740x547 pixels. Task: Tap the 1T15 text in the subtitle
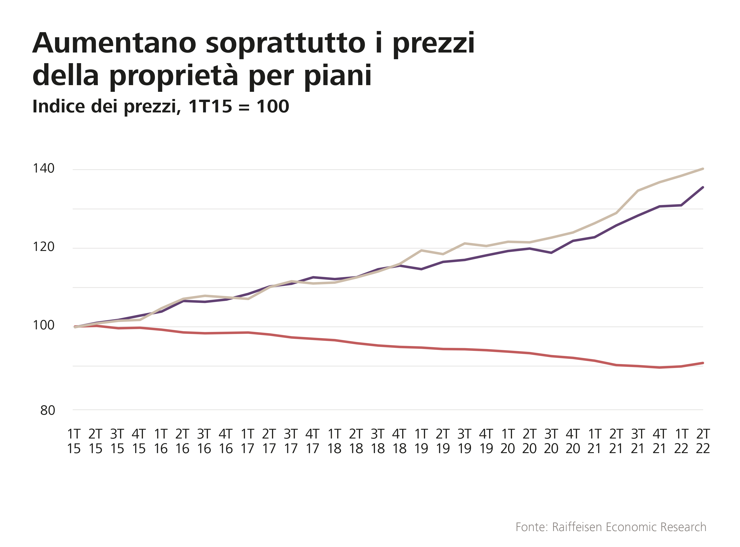click(210, 106)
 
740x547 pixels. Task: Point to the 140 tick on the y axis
click(43, 169)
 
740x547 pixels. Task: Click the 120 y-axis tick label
click(43, 247)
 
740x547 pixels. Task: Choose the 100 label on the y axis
click(43, 325)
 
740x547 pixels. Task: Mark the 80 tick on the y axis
click(47, 411)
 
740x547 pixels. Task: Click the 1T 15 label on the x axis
click(74, 441)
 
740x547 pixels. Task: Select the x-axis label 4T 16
click(226, 441)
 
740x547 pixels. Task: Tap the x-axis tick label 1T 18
click(334, 441)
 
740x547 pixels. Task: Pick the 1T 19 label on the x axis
click(421, 441)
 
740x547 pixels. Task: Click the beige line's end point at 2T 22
click(703, 169)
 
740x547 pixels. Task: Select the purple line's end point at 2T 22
click(703, 187)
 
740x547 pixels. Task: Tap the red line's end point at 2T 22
click(703, 363)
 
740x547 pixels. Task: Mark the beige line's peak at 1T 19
click(421, 250)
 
